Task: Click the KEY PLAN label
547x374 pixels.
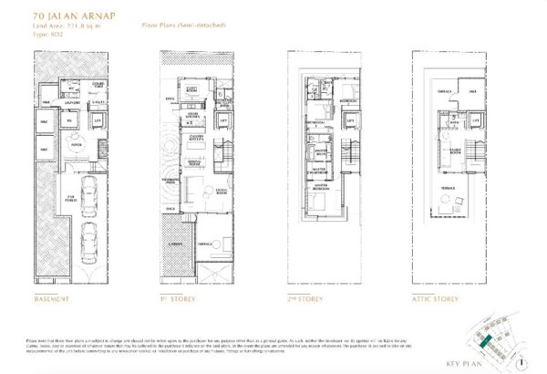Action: click(485, 360)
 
